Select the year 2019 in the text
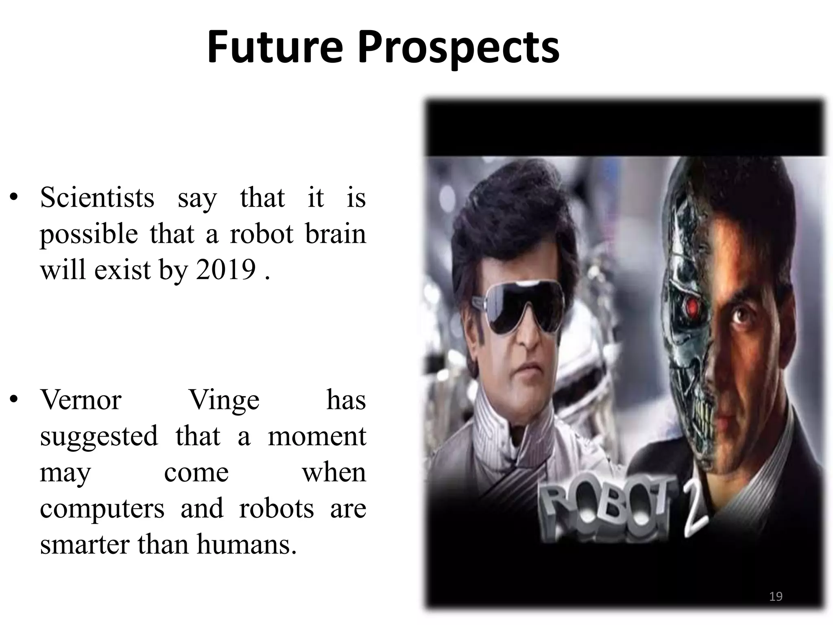click(x=226, y=269)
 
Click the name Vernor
click(x=81, y=400)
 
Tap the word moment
click(x=317, y=436)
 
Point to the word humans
click(x=246, y=545)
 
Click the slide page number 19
click(x=776, y=597)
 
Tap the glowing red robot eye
click(x=691, y=308)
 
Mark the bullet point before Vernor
click(x=14, y=400)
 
